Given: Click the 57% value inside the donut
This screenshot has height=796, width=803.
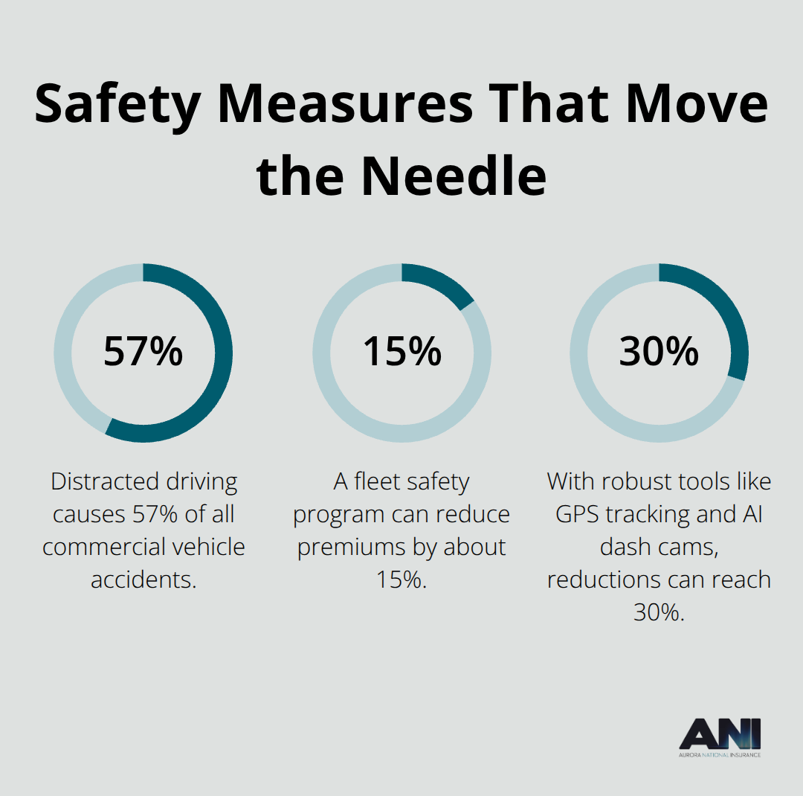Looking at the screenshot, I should tap(143, 352).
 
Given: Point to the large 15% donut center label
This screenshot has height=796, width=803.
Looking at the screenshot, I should tap(401, 352).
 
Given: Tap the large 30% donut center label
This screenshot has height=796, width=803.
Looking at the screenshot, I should tap(659, 352).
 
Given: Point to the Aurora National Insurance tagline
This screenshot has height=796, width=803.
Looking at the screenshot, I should tap(720, 754).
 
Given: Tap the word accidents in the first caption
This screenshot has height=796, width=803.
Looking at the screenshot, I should tap(143, 580).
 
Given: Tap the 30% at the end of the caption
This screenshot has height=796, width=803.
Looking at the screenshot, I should tap(659, 612).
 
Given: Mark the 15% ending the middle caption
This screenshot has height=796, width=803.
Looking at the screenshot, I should tap(401, 580).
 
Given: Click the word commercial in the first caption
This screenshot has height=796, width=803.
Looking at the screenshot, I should tap(102, 547).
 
